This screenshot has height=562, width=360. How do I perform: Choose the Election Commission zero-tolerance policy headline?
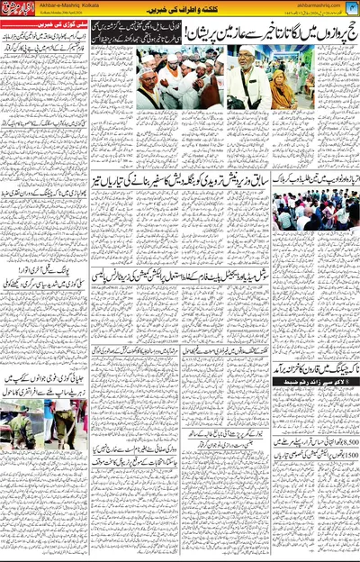coord(180,297)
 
